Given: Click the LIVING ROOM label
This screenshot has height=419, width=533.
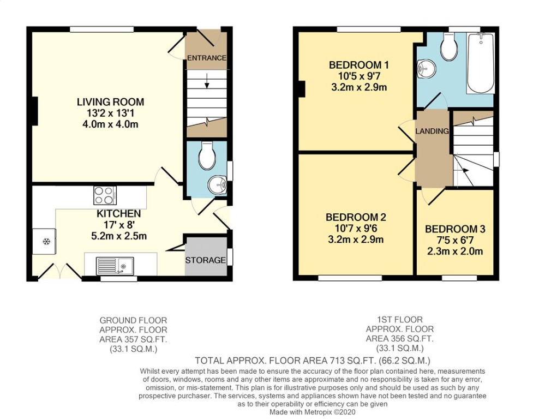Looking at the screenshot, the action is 111,102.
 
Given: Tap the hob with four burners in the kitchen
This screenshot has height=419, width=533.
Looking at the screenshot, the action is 105,195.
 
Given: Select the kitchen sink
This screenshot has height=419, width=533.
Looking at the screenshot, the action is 115,266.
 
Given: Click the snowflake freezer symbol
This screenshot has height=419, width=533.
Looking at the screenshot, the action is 46,242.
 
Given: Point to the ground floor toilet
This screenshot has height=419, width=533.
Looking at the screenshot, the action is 207,155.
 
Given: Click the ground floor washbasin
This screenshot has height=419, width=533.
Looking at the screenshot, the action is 218,185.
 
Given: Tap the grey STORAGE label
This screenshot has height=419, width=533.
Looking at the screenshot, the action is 205,260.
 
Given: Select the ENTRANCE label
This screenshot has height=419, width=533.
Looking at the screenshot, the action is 207,58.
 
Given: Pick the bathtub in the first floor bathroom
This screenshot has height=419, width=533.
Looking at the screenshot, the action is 481,63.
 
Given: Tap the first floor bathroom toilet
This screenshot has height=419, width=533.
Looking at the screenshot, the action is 448,47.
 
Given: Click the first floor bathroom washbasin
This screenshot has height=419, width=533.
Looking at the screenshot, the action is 426,69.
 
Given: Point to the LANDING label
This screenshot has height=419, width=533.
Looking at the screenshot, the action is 432,131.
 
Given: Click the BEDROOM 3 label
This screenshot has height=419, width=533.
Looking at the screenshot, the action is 455,229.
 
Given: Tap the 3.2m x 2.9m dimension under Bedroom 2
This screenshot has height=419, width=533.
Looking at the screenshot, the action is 356,240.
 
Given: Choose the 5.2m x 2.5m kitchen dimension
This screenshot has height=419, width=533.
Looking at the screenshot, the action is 119,236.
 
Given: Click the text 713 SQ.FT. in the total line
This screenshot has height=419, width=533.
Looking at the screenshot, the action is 352,360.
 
